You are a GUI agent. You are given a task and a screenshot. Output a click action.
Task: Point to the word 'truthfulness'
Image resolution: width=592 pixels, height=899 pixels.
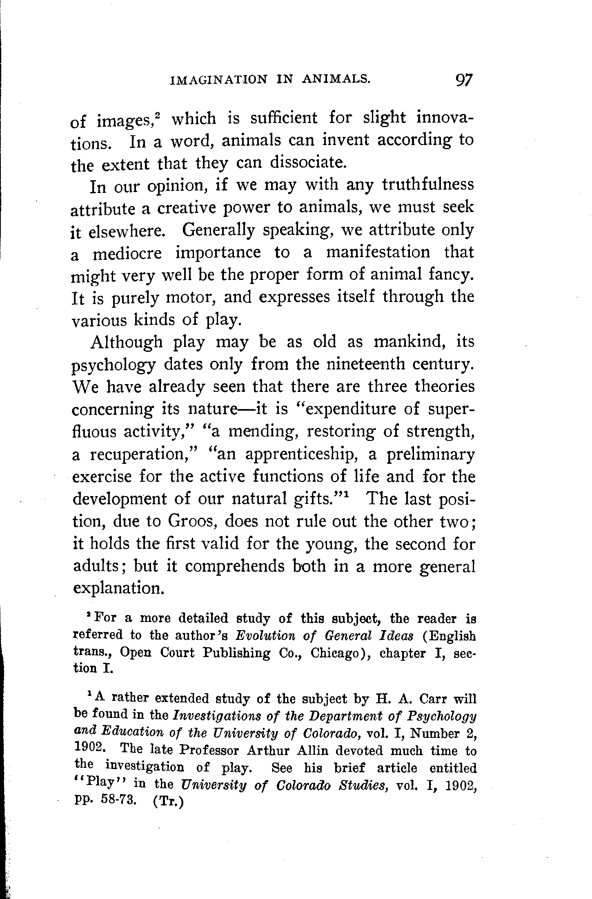coord(428,185)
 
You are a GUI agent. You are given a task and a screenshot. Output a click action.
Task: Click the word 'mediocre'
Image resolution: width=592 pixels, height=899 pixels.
coord(128,253)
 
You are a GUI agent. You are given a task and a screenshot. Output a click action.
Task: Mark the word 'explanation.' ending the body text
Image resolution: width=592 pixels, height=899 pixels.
coord(119,589)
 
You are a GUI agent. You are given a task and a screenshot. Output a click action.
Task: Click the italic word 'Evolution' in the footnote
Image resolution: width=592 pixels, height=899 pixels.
coord(267,635)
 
